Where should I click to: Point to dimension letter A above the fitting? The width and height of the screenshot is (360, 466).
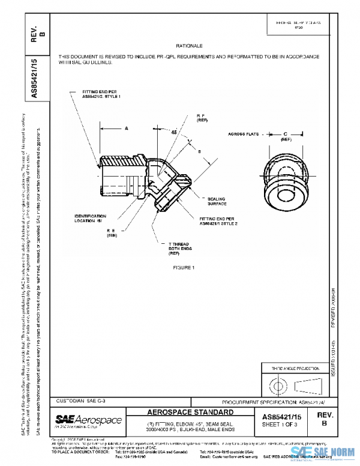tap(127, 129)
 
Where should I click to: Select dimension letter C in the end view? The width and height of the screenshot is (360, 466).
tap(286, 133)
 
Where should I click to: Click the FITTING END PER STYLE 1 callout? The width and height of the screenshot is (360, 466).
tap(101, 93)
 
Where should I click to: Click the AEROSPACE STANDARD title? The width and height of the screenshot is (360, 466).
tap(191, 413)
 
